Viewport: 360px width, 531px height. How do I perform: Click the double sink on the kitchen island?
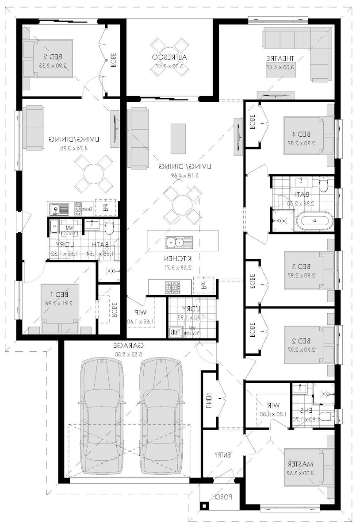click(179, 242)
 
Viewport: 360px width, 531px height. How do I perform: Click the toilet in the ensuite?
click(326, 416)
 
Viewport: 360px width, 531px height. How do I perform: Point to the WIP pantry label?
click(141, 312)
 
